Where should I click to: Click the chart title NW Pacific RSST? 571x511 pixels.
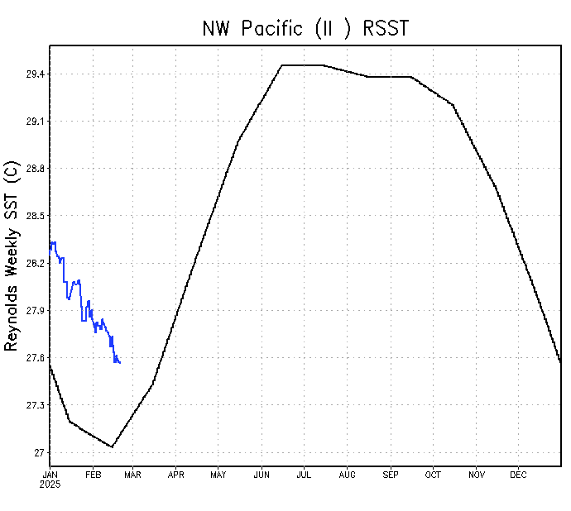(305, 28)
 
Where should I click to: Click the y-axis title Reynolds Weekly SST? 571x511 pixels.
(12, 255)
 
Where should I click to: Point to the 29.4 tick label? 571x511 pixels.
(35, 74)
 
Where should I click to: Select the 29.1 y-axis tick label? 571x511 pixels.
(35, 122)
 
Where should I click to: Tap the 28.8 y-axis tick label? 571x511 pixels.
(35, 169)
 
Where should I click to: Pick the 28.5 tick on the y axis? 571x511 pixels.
(35, 216)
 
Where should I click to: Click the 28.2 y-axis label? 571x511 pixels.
(35, 264)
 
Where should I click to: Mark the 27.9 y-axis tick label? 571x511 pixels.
(35, 311)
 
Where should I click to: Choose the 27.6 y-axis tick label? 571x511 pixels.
(35, 358)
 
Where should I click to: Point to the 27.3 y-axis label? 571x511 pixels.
(35, 405)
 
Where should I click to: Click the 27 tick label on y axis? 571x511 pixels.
(40, 452)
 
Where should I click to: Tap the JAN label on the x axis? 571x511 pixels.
(50, 475)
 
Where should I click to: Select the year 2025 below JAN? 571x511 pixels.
(50, 484)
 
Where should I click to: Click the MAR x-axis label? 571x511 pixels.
(133, 475)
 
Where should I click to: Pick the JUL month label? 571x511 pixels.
(304, 475)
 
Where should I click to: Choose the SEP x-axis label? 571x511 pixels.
(390, 475)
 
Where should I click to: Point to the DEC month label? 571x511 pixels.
(518, 475)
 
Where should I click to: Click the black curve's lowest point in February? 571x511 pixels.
(112, 447)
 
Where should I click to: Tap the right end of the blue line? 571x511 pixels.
(121, 363)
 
